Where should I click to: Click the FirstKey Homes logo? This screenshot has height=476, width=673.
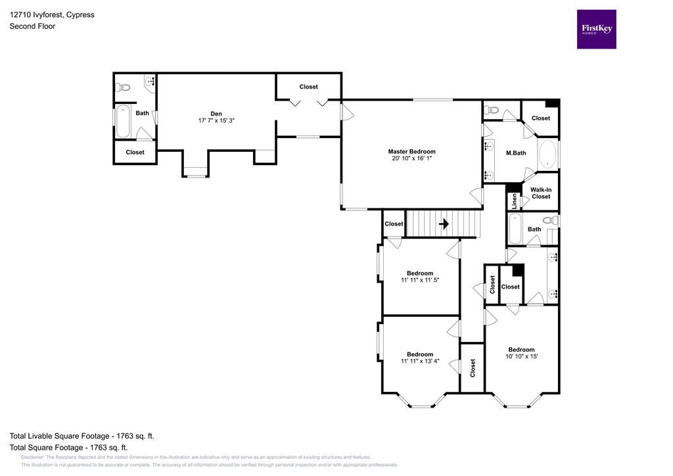pyautogui.click(x=597, y=29)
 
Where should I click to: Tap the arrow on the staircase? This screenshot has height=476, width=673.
pyautogui.click(x=444, y=224)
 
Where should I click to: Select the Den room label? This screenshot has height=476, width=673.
pyautogui.click(x=216, y=112)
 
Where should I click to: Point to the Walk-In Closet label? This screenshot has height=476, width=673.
pyautogui.click(x=540, y=193)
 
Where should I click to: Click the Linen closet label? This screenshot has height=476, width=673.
pyautogui.click(x=513, y=200)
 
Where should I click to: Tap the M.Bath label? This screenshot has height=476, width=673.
pyautogui.click(x=513, y=153)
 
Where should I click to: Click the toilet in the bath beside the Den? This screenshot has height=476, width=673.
pyautogui.click(x=123, y=86)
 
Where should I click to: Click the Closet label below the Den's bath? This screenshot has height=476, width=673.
pyautogui.click(x=135, y=152)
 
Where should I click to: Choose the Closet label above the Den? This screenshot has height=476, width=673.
pyautogui.click(x=308, y=87)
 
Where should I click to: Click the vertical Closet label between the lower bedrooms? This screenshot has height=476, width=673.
pyautogui.click(x=472, y=368)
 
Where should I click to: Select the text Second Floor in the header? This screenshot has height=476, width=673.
pyautogui.click(x=32, y=26)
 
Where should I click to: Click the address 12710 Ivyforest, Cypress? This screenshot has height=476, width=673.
pyautogui.click(x=51, y=14)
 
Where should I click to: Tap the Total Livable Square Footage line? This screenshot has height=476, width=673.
pyautogui.click(x=81, y=436)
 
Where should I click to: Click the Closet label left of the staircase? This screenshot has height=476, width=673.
pyautogui.click(x=394, y=224)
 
